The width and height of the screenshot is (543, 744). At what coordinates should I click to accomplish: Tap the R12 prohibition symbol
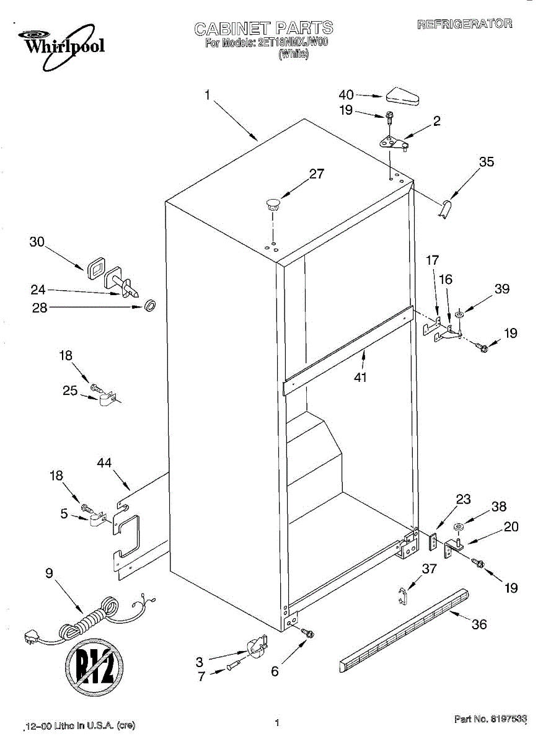[94, 666]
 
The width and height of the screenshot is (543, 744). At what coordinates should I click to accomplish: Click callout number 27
[317, 174]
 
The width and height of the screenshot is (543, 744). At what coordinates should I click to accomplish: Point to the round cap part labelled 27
[273, 203]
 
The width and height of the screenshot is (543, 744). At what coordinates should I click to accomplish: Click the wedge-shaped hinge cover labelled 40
[402, 97]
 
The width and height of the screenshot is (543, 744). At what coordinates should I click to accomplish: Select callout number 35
[487, 162]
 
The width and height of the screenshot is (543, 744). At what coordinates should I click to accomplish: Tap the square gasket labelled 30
[96, 268]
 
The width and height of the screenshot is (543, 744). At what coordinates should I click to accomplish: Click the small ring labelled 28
[150, 305]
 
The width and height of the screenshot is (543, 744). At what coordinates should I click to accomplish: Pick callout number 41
[360, 377]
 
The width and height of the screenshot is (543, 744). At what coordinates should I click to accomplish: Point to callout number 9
[49, 573]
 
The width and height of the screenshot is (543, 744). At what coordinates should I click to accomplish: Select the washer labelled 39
[460, 314]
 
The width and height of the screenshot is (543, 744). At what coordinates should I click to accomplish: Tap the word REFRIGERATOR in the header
[464, 24]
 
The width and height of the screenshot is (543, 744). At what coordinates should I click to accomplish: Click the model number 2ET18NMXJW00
[292, 43]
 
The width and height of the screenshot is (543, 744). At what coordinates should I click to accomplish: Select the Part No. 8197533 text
[490, 719]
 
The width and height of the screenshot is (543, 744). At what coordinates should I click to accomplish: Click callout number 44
[104, 463]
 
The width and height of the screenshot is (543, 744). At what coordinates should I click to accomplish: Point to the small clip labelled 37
[402, 596]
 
